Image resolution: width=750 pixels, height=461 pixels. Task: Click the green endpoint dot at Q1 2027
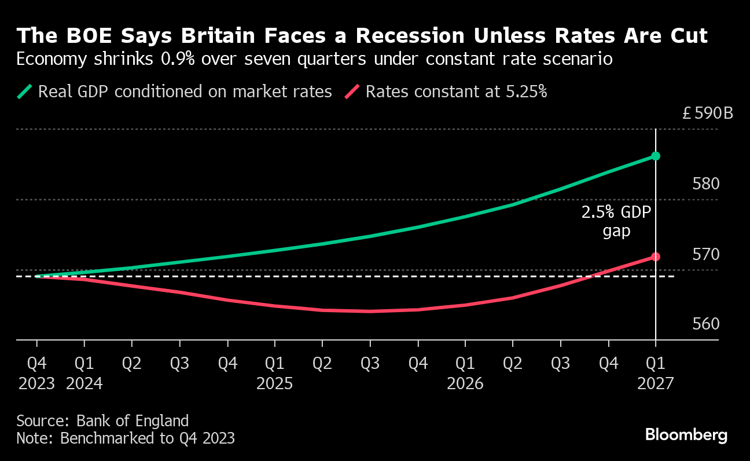(x=655, y=156)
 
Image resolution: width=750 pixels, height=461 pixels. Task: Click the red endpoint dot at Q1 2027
(x=655, y=257)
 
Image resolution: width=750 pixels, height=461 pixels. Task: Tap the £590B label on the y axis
(x=707, y=113)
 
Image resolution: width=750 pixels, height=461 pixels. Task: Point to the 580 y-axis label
(x=706, y=184)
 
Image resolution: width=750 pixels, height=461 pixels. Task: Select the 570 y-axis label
(x=706, y=254)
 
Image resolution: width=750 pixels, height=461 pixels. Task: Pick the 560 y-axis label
(x=706, y=324)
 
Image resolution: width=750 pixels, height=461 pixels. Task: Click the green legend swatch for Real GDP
(x=25, y=92)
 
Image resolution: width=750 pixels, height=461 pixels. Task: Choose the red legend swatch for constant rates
(x=353, y=92)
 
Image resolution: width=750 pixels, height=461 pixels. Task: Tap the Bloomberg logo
(x=686, y=435)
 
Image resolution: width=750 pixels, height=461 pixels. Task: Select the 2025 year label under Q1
(x=275, y=383)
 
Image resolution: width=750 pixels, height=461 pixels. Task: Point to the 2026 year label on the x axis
(x=465, y=383)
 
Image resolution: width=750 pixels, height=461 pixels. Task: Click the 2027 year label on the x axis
(x=655, y=383)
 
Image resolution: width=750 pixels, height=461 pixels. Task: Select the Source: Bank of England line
(x=102, y=420)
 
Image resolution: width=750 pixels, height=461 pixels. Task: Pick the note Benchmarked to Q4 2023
(x=126, y=438)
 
